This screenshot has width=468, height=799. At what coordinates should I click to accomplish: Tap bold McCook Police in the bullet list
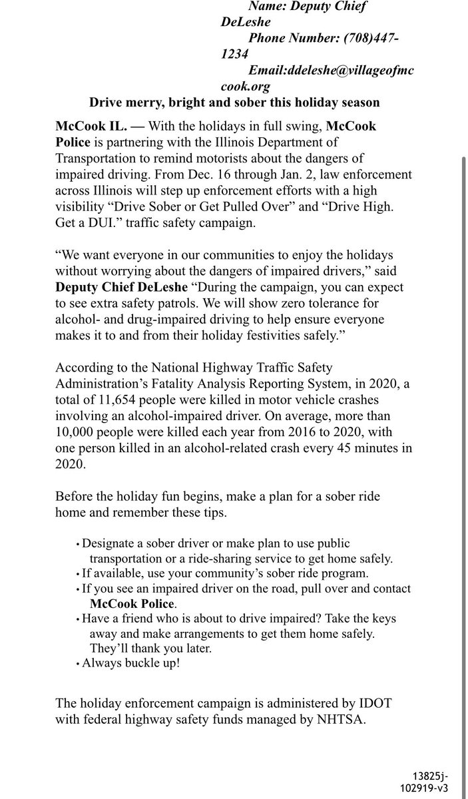132,604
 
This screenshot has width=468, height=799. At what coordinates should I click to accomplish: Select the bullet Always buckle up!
130,663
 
